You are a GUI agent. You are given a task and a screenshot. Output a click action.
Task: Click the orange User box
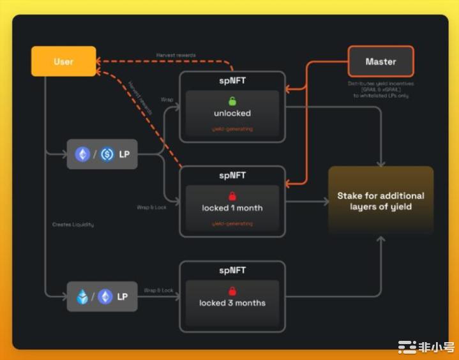point(64,62)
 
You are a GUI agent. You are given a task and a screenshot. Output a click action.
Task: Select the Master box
point(380,62)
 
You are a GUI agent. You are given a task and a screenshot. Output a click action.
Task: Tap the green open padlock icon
point(232,101)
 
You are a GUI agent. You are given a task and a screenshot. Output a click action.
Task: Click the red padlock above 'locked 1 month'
point(232,196)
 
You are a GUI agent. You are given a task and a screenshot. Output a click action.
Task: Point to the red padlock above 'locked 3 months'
point(232,291)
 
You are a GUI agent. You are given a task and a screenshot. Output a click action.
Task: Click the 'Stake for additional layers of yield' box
point(380,200)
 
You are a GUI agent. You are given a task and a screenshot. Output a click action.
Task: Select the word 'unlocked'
point(232,114)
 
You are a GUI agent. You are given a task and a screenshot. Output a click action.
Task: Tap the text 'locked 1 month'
point(232,208)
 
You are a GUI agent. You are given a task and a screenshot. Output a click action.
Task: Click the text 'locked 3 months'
point(232,303)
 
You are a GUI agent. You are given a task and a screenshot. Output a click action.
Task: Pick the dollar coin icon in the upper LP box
point(107,154)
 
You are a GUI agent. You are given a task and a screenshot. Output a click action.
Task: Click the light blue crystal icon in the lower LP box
point(83,297)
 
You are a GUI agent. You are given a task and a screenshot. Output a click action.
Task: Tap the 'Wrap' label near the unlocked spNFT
point(167,100)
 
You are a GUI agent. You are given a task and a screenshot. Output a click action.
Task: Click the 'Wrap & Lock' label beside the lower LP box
point(158,290)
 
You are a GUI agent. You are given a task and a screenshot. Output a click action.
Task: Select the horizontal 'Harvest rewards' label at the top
point(176,56)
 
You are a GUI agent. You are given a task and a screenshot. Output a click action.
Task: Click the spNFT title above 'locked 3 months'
point(232,271)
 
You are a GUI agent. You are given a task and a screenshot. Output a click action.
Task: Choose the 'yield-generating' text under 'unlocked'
point(232,129)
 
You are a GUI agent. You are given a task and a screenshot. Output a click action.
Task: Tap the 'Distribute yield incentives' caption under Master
point(380,84)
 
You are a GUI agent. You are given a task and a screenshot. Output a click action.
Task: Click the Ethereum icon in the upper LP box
point(83,154)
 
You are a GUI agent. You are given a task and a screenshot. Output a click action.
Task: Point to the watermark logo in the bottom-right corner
point(426,348)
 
